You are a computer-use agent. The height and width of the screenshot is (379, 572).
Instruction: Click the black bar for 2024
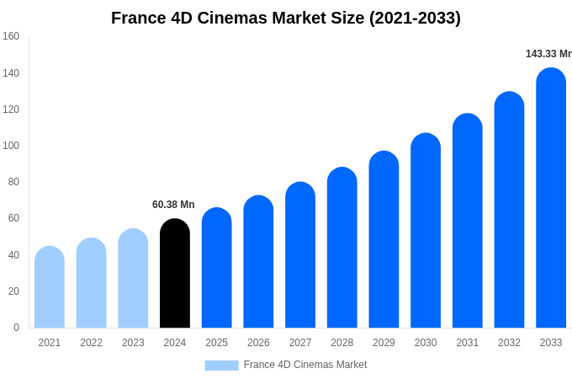175,274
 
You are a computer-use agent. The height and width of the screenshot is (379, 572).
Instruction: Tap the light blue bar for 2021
50,287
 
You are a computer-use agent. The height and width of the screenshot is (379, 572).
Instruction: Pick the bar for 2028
342,248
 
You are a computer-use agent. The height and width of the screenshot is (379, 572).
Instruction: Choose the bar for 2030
426,231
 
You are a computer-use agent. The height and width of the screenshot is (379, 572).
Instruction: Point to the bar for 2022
91,283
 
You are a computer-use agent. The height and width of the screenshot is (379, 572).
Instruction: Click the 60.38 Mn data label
173,205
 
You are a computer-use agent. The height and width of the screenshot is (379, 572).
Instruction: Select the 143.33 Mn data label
548,54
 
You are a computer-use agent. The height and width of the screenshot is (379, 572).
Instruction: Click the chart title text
286,18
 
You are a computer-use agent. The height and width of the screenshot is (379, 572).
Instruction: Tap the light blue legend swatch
221,366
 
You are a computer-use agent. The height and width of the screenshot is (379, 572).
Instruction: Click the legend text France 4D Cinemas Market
305,365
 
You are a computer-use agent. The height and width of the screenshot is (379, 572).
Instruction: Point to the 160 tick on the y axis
11,36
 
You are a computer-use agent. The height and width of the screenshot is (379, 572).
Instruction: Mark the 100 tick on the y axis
11,146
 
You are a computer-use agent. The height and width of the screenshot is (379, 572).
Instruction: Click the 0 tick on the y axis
16,328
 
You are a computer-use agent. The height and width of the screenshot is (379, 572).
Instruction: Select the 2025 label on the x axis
217,343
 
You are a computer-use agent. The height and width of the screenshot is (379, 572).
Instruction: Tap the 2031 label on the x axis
468,343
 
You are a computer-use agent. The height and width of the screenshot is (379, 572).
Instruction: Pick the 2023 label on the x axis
133,343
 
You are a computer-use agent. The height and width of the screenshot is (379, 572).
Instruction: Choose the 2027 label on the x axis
300,343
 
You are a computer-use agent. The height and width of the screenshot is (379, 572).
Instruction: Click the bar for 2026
258,262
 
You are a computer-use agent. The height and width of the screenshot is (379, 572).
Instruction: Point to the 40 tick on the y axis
13,255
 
